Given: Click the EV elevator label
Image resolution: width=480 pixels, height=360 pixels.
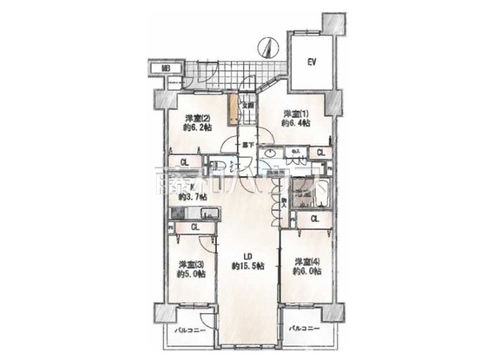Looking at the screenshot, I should click(312, 62).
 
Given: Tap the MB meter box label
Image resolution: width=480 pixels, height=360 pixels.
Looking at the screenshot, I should click(164, 68).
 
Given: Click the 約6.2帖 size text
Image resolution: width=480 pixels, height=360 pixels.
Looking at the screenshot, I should click(195, 127).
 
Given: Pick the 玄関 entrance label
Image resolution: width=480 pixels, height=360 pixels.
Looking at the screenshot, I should click(247, 107).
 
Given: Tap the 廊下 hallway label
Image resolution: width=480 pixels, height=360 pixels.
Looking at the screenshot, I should click(247, 145).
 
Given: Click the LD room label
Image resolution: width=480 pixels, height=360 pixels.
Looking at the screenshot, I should click(247, 257).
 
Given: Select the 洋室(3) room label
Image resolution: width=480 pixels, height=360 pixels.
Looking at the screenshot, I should click(191, 265).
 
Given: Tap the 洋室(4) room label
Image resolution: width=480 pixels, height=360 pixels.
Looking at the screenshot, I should click(306, 262).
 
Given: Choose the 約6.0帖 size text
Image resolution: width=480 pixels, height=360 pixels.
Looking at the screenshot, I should click(306, 272).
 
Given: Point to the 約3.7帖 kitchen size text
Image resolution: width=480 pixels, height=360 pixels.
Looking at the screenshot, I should click(191, 197).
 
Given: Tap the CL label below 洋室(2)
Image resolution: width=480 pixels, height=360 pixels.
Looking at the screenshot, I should click(184, 161).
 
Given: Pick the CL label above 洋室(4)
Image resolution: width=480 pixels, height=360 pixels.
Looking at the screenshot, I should click(314, 219).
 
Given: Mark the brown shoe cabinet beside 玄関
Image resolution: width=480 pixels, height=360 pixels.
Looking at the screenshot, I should click(233, 112).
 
